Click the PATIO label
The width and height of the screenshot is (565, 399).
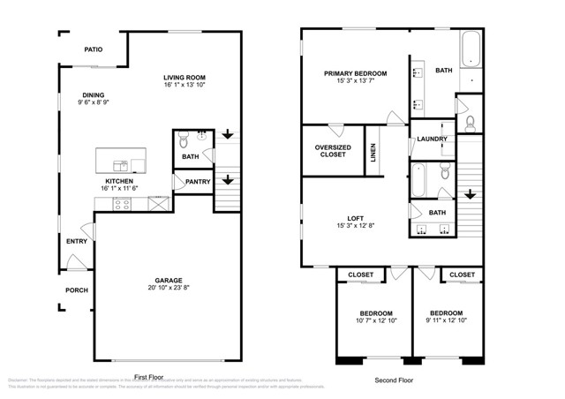[94, 50]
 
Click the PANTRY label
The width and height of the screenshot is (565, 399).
[198, 183]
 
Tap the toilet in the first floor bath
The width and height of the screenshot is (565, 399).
[184, 139]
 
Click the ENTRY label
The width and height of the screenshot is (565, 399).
[76, 241]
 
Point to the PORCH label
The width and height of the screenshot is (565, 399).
[76, 290]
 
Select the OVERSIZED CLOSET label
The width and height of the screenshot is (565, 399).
[332, 151]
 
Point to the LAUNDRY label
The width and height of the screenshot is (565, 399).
[433, 139]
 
